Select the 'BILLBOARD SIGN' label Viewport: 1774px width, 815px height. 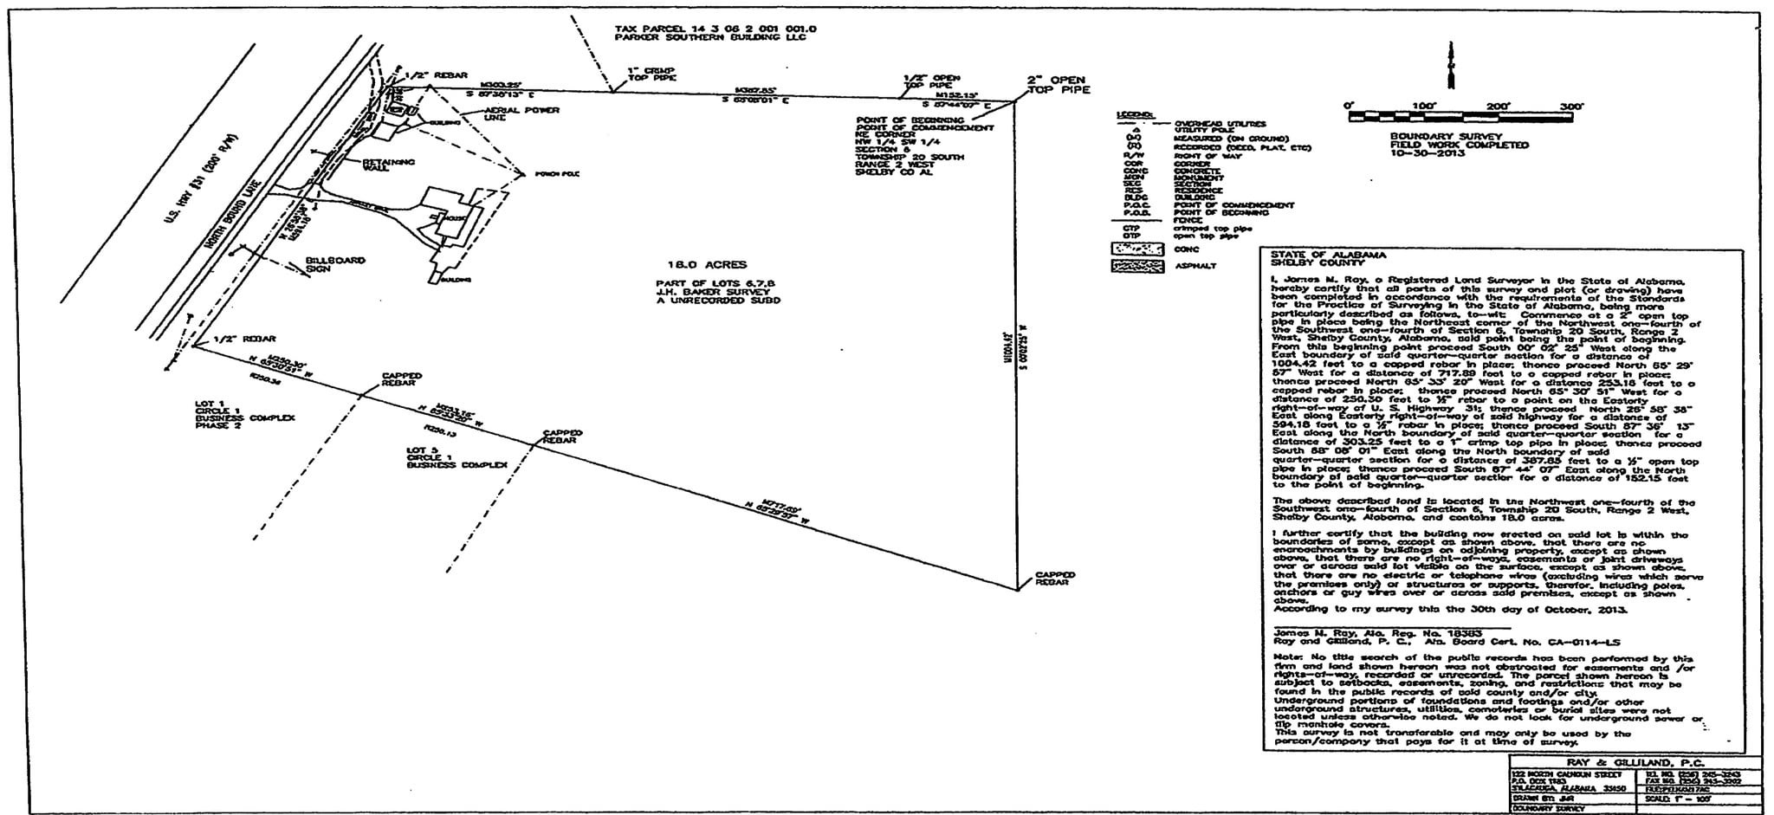[x=334, y=264]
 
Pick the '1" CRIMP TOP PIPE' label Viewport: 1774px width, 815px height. [x=651, y=74]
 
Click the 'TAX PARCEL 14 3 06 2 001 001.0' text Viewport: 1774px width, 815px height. [x=715, y=29]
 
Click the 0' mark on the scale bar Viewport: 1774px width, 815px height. [x=1349, y=107]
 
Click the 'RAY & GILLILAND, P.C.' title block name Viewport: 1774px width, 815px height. [x=1629, y=763]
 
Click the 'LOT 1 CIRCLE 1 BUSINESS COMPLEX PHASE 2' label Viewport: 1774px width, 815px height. [x=245, y=415]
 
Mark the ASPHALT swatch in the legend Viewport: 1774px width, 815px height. [x=1136, y=266]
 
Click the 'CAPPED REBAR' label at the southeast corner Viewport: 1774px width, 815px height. [x=1055, y=579]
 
